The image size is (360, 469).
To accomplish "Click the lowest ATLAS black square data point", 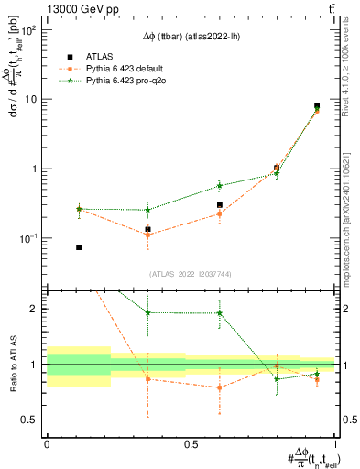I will (x=79, y=247).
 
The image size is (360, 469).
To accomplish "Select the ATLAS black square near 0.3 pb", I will (x=220, y=206).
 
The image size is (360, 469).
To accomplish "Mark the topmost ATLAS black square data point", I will (x=317, y=106).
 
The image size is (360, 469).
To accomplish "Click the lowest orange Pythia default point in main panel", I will (x=148, y=235).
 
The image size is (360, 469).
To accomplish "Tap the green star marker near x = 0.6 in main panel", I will (x=220, y=185).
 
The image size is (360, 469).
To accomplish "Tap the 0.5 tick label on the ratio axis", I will (x=31, y=420).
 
